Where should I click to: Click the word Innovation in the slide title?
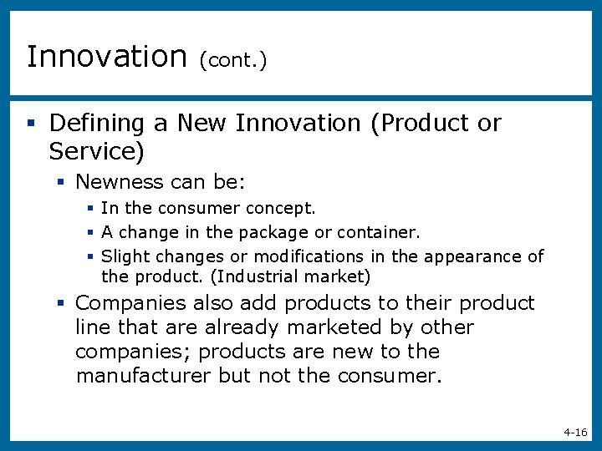tap(107, 57)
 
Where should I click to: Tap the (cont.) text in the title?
tap(232, 60)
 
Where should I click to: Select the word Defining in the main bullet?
tap(97, 124)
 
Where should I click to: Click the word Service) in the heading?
tap(97, 152)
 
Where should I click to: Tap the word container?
tap(379, 232)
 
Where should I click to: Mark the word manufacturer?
tap(143, 376)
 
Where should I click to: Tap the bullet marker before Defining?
tap(30, 124)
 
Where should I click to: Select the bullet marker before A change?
tap(89, 233)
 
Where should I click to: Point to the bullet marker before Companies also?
tap(62, 303)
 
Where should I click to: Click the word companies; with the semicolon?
tap(132, 352)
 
